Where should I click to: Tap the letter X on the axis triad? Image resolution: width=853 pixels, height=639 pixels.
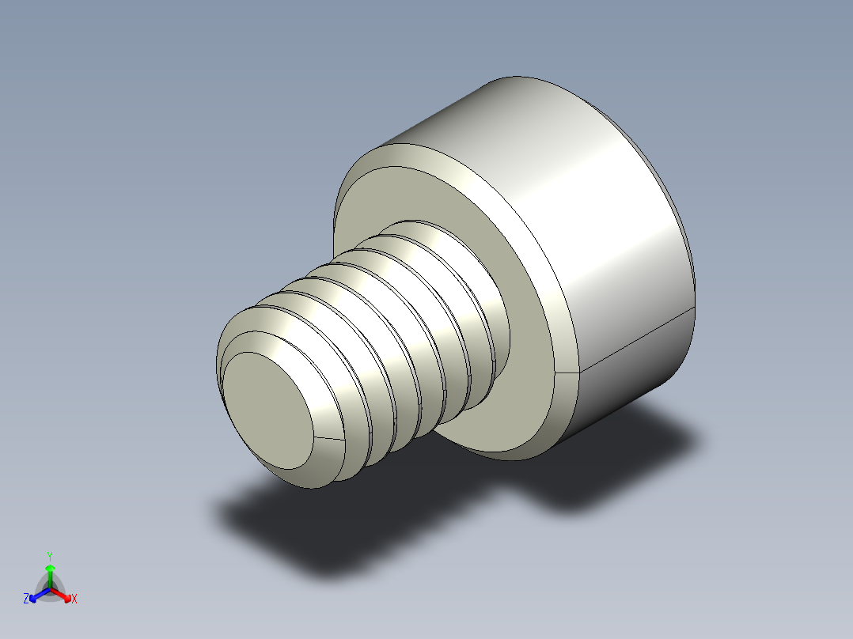(x=74, y=599)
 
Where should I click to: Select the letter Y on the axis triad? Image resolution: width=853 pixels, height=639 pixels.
(x=49, y=555)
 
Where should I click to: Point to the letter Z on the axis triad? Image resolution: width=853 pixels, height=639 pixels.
(x=26, y=599)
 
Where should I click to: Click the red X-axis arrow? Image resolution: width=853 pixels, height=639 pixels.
(x=64, y=594)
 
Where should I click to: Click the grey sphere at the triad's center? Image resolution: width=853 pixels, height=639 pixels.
(x=49, y=588)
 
